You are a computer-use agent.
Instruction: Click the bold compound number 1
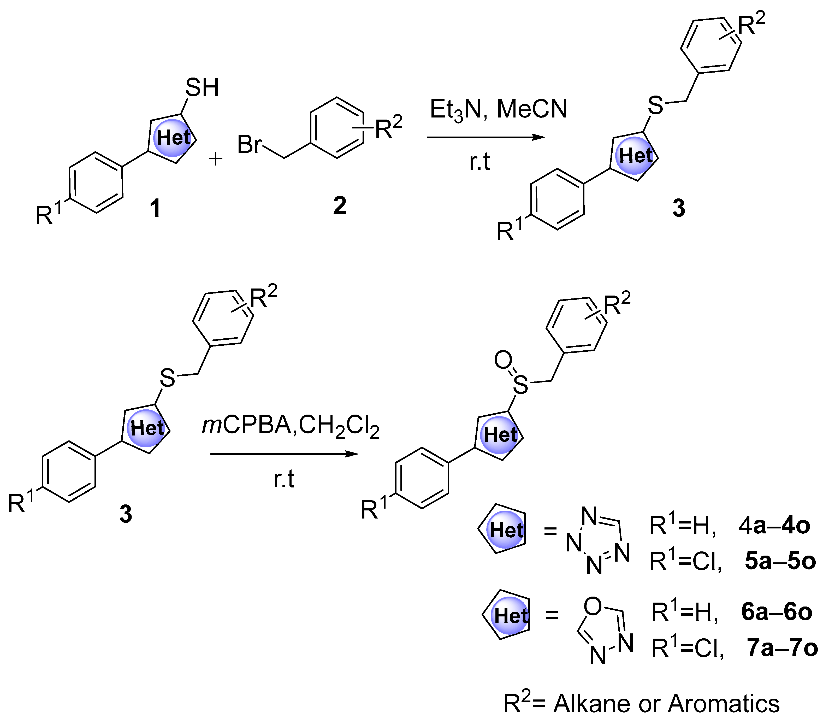point(155,208)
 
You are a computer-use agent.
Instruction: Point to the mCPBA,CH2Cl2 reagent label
point(291,426)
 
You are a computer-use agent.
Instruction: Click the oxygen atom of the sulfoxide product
point(503,360)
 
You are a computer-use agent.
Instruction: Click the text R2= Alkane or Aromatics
point(641,703)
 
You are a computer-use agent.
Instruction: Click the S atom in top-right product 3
point(655,105)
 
